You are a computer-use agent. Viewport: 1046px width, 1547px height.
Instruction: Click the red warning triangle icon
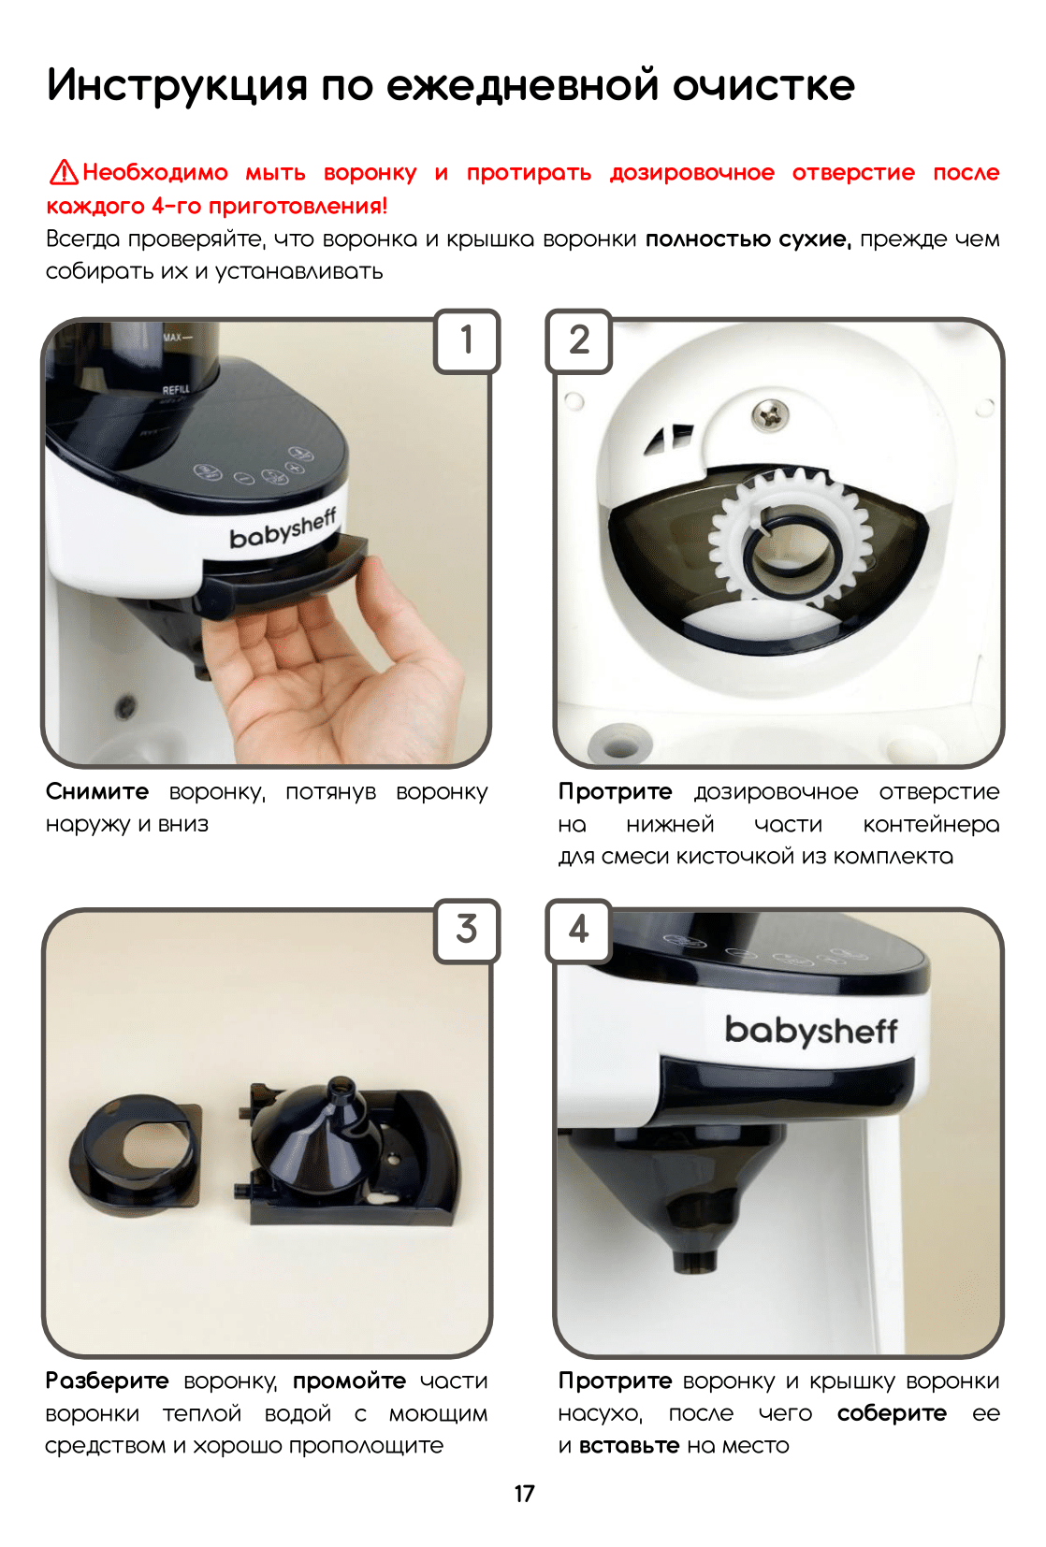point(64,173)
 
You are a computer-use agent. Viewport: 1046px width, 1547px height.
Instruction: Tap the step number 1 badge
point(467,341)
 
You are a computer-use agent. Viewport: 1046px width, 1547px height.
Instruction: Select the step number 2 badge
point(579,341)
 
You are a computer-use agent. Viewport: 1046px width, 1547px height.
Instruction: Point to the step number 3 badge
point(467,930)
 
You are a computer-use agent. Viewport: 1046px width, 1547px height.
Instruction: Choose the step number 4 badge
point(579,930)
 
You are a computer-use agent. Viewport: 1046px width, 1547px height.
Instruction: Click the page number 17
point(524,1494)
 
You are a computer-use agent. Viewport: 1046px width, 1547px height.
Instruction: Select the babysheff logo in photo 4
point(811,1030)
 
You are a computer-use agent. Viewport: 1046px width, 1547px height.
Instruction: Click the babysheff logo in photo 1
point(283,529)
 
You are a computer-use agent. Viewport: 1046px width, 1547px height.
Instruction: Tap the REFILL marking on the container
point(176,389)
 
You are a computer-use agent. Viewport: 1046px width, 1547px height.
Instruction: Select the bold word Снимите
point(97,791)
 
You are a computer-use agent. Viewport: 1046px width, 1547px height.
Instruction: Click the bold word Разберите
point(107,1381)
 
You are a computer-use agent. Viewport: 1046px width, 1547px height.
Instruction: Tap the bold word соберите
point(892,1413)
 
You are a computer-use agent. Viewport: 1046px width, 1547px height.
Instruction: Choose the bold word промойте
point(350,1381)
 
